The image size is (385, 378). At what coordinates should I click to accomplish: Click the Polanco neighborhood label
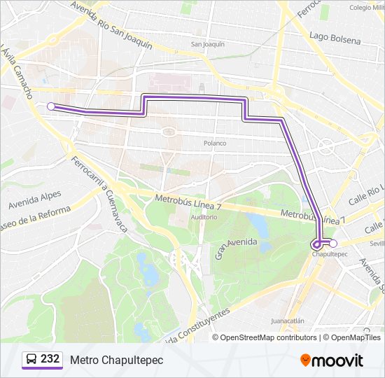click(215, 143)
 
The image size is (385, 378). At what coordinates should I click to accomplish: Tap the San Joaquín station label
click(208, 44)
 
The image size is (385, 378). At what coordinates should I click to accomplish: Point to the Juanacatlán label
click(287, 321)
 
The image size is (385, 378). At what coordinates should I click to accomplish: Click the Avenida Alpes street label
click(35, 199)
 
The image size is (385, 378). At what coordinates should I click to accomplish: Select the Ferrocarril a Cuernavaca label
click(98, 190)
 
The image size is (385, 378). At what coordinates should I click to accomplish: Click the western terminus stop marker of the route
click(51, 106)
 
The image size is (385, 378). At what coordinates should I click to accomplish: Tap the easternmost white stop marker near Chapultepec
click(333, 244)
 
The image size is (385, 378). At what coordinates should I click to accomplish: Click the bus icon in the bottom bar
click(31, 360)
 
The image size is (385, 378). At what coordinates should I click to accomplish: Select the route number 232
click(50, 359)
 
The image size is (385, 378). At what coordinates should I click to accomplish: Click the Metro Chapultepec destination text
click(116, 360)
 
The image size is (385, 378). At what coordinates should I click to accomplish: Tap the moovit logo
click(332, 360)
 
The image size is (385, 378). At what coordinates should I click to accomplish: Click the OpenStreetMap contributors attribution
click(268, 337)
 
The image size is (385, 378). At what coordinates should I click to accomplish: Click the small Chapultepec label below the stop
click(325, 255)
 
